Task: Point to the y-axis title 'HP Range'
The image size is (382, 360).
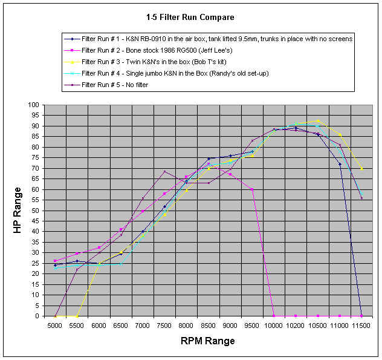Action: [18, 211]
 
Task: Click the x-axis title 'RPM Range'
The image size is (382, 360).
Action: [208, 341]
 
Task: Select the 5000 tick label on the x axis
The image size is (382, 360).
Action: [55, 326]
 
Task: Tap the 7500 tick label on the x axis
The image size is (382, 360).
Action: [164, 326]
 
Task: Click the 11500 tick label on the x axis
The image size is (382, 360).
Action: [361, 326]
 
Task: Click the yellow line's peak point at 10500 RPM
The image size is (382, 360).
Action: [318, 121]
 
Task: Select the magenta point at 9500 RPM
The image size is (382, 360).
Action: [252, 189]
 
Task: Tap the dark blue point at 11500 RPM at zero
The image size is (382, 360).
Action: [361, 316]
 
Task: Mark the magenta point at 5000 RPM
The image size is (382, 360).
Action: [55, 261]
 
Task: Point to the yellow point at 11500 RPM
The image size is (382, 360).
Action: [361, 168]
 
